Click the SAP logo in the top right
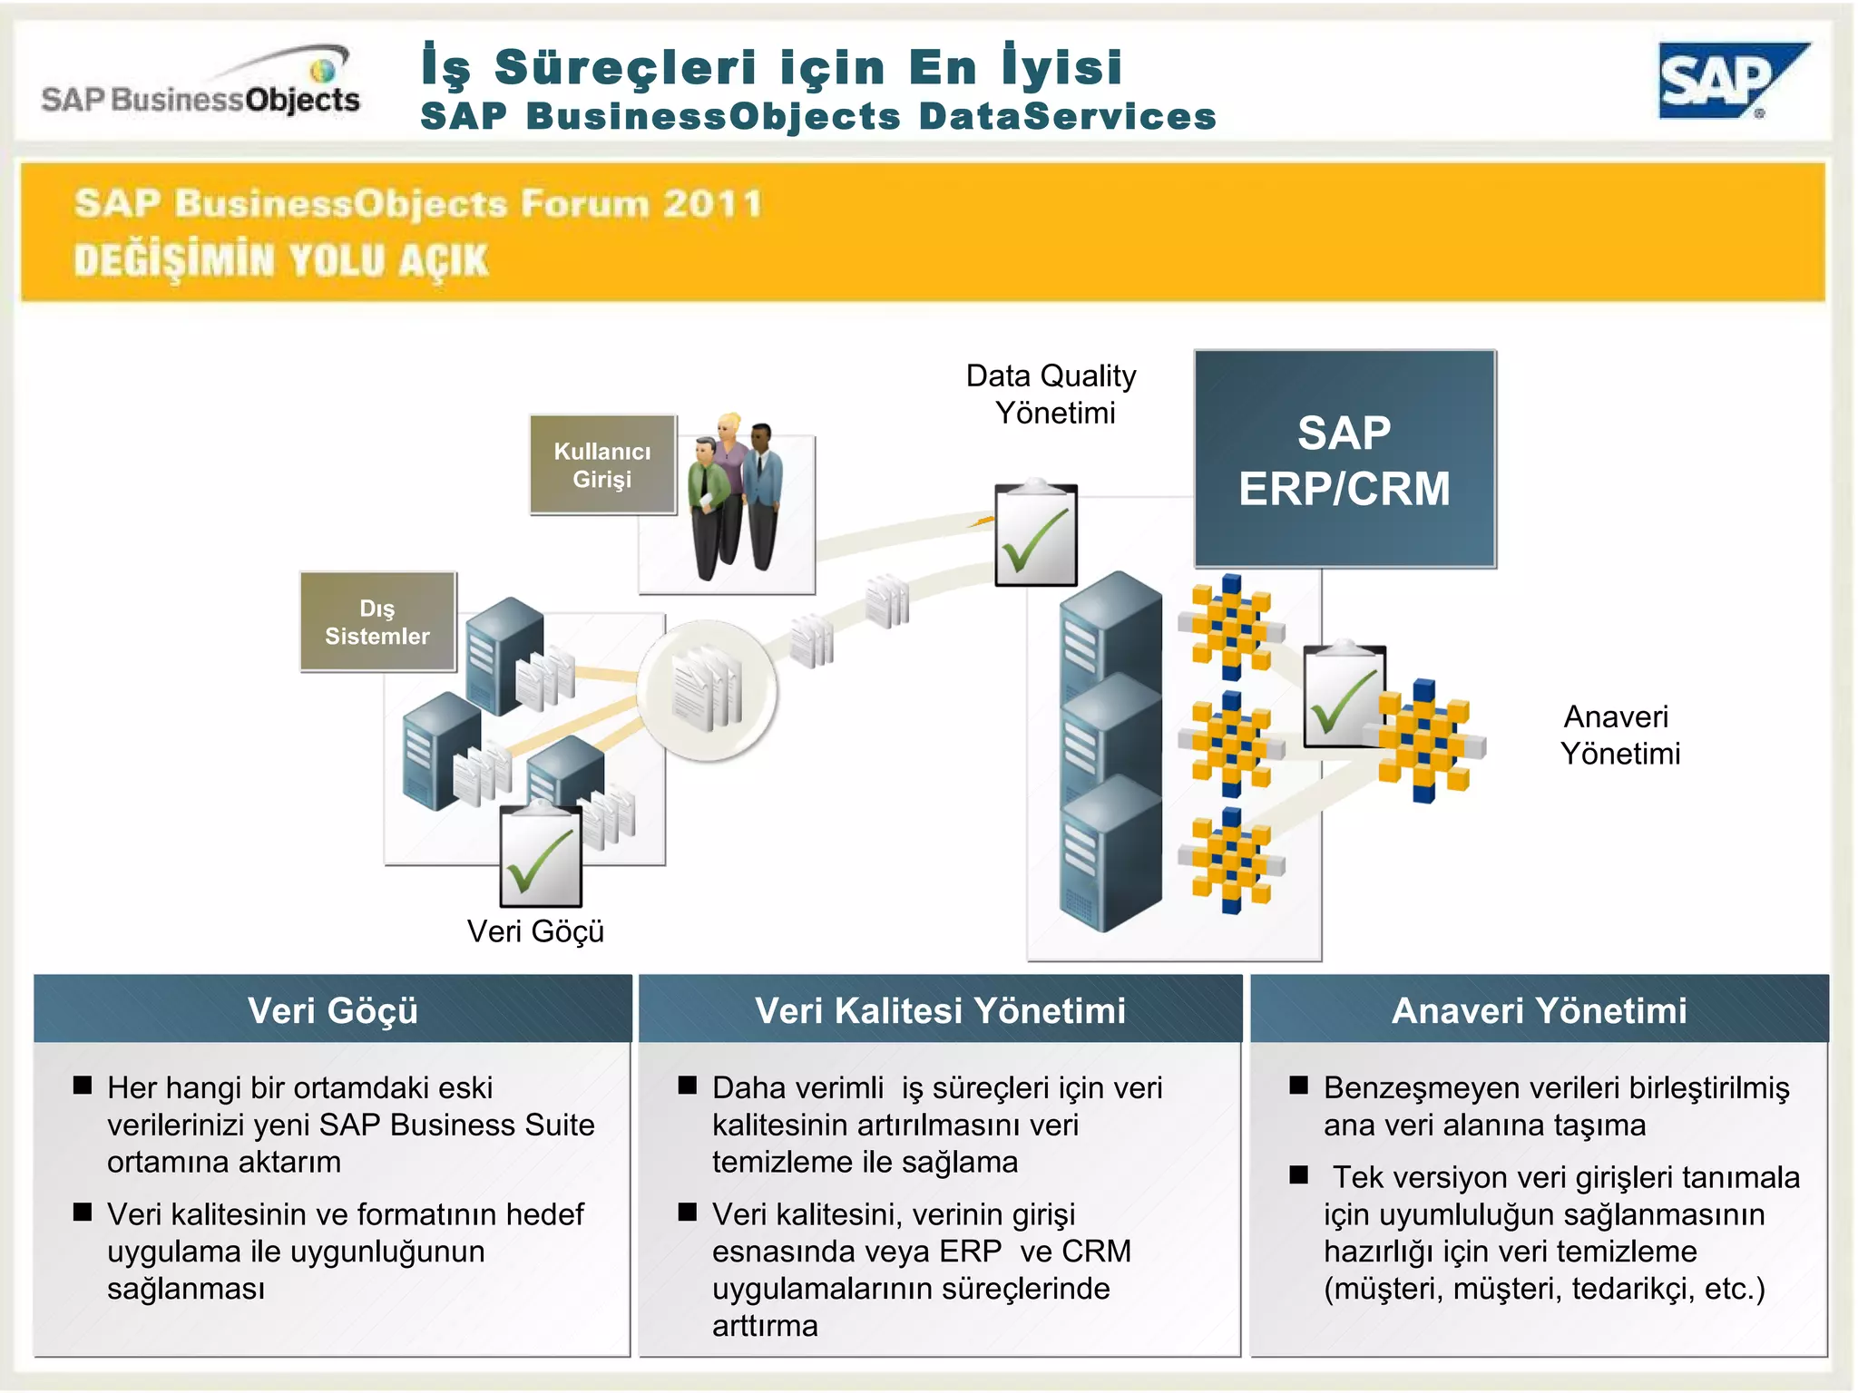pos(1728,82)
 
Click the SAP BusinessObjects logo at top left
pos(201,89)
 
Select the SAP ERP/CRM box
pos(1345,459)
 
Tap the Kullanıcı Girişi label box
pos(602,465)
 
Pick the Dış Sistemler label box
pos(377,622)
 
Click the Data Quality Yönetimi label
pos(1051,394)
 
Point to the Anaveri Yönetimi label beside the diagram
pos(1619,735)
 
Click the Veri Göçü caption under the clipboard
pos(535,931)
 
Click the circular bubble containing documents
pos(707,690)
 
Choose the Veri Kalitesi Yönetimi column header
pos(940,1010)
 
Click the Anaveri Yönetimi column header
pos(1539,1010)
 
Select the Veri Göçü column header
pos(332,1010)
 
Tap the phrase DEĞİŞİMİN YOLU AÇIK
pos(281,260)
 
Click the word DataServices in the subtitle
pos(1067,117)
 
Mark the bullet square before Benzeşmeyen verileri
pos(1299,1086)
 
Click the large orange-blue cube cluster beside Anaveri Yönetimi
pos(1426,740)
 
